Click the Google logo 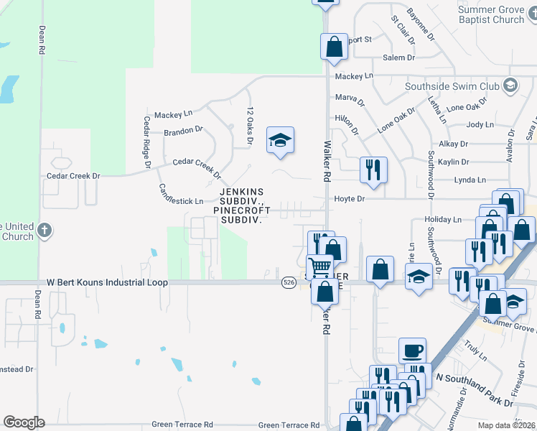pos(24,422)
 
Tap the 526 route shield pos(288,282)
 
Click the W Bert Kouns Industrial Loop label pos(108,283)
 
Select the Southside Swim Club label pos(452,86)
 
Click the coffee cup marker pos(412,351)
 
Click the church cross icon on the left pos(45,231)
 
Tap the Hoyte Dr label pos(350,198)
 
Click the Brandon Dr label pos(184,131)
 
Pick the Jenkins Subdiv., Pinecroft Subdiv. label pos(241,205)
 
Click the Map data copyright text pos(507,425)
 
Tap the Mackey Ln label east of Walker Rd pos(354,75)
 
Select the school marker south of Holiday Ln pos(418,276)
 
